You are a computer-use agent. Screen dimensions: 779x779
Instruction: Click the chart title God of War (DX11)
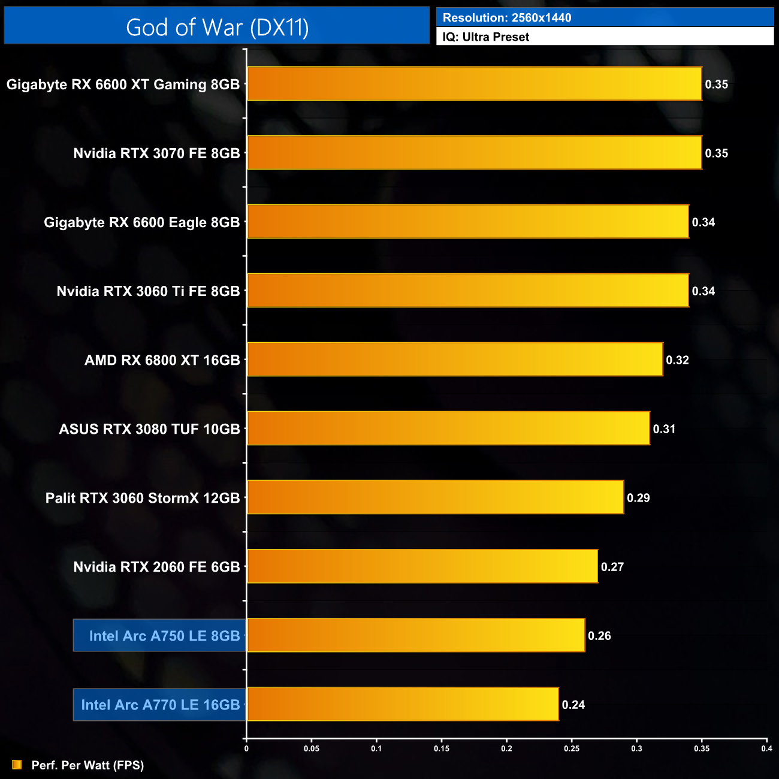pos(217,28)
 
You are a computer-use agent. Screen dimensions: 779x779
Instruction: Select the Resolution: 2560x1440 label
pos(507,18)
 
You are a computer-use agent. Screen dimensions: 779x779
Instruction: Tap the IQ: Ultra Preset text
pos(486,37)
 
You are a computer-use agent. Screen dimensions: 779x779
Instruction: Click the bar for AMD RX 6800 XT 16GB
pos(455,360)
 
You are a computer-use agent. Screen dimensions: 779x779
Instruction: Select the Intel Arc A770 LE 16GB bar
pos(403,704)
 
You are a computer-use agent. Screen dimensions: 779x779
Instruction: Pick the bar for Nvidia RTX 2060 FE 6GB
pos(422,566)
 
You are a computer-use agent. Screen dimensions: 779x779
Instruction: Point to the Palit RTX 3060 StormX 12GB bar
pos(436,497)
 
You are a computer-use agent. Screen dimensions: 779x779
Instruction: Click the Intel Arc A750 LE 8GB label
pos(164,636)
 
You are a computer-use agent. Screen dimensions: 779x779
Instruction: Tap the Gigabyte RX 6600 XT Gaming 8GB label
pos(123,84)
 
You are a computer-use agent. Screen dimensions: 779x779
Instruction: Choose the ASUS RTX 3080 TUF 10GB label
pos(149,429)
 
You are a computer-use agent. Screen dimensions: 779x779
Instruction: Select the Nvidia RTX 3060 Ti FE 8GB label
pos(148,291)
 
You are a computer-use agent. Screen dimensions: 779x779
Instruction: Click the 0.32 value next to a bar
pos(678,360)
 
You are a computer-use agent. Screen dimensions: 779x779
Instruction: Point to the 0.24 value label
pos(573,705)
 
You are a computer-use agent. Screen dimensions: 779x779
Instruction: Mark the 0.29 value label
pos(638,498)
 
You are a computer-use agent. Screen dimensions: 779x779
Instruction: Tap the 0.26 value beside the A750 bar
pos(599,636)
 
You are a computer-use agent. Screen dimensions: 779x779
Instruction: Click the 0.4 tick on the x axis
pos(766,748)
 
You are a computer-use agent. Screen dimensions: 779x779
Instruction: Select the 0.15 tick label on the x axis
pos(442,748)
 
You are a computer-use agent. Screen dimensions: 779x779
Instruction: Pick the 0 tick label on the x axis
pos(246,748)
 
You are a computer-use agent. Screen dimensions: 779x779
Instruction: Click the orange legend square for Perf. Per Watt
pos(17,765)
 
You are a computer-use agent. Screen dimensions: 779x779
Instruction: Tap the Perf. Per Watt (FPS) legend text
pos(87,765)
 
